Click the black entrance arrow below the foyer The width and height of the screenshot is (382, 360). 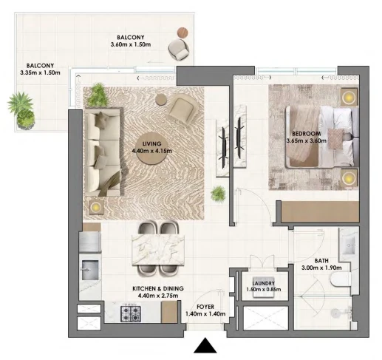[205, 345]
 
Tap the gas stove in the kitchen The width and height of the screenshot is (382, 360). [131, 313]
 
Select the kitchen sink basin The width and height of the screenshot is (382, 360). [90, 270]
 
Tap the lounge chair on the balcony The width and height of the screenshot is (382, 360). [179, 50]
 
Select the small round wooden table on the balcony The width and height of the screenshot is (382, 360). [183, 33]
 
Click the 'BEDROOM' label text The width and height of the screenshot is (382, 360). [307, 134]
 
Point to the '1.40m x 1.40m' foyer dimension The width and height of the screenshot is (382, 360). [205, 314]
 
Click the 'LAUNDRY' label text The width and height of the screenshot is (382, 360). [263, 283]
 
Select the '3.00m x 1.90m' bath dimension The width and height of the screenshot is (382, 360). [321, 268]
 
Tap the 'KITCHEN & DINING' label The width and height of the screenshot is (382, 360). [158, 288]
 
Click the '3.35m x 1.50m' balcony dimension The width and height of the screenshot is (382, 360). [40, 72]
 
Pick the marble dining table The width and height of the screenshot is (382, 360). [158, 250]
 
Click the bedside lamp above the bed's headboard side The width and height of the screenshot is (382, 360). [349, 98]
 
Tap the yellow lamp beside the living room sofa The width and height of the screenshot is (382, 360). [96, 207]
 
